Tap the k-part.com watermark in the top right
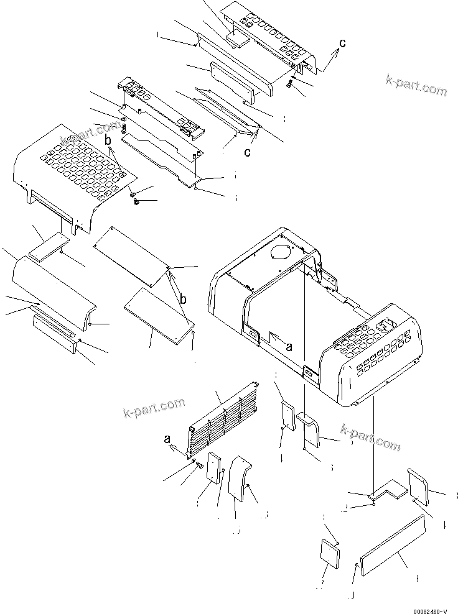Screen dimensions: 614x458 click(416, 85)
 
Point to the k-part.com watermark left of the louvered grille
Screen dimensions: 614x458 click(154, 408)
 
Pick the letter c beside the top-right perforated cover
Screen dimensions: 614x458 click(342, 43)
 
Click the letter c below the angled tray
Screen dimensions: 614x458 click(247, 153)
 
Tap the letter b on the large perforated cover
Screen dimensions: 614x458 click(108, 141)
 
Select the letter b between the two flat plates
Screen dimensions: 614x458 click(183, 300)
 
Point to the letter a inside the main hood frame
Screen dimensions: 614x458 click(288, 347)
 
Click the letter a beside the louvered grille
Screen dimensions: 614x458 click(167, 439)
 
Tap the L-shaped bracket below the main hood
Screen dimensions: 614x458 click(386, 490)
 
